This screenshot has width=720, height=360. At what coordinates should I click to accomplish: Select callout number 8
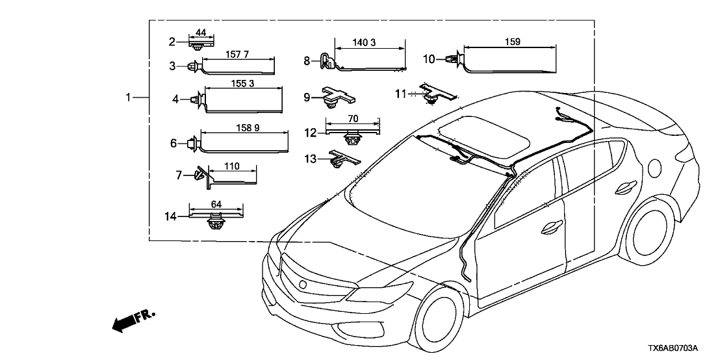[307, 60]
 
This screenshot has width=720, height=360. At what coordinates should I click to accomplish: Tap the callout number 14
[171, 216]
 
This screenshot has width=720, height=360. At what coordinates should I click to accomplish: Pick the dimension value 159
[511, 42]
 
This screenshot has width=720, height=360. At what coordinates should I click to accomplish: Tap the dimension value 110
[232, 166]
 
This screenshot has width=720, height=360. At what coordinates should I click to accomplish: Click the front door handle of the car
[552, 227]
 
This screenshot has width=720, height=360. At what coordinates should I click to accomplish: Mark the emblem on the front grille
[304, 284]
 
